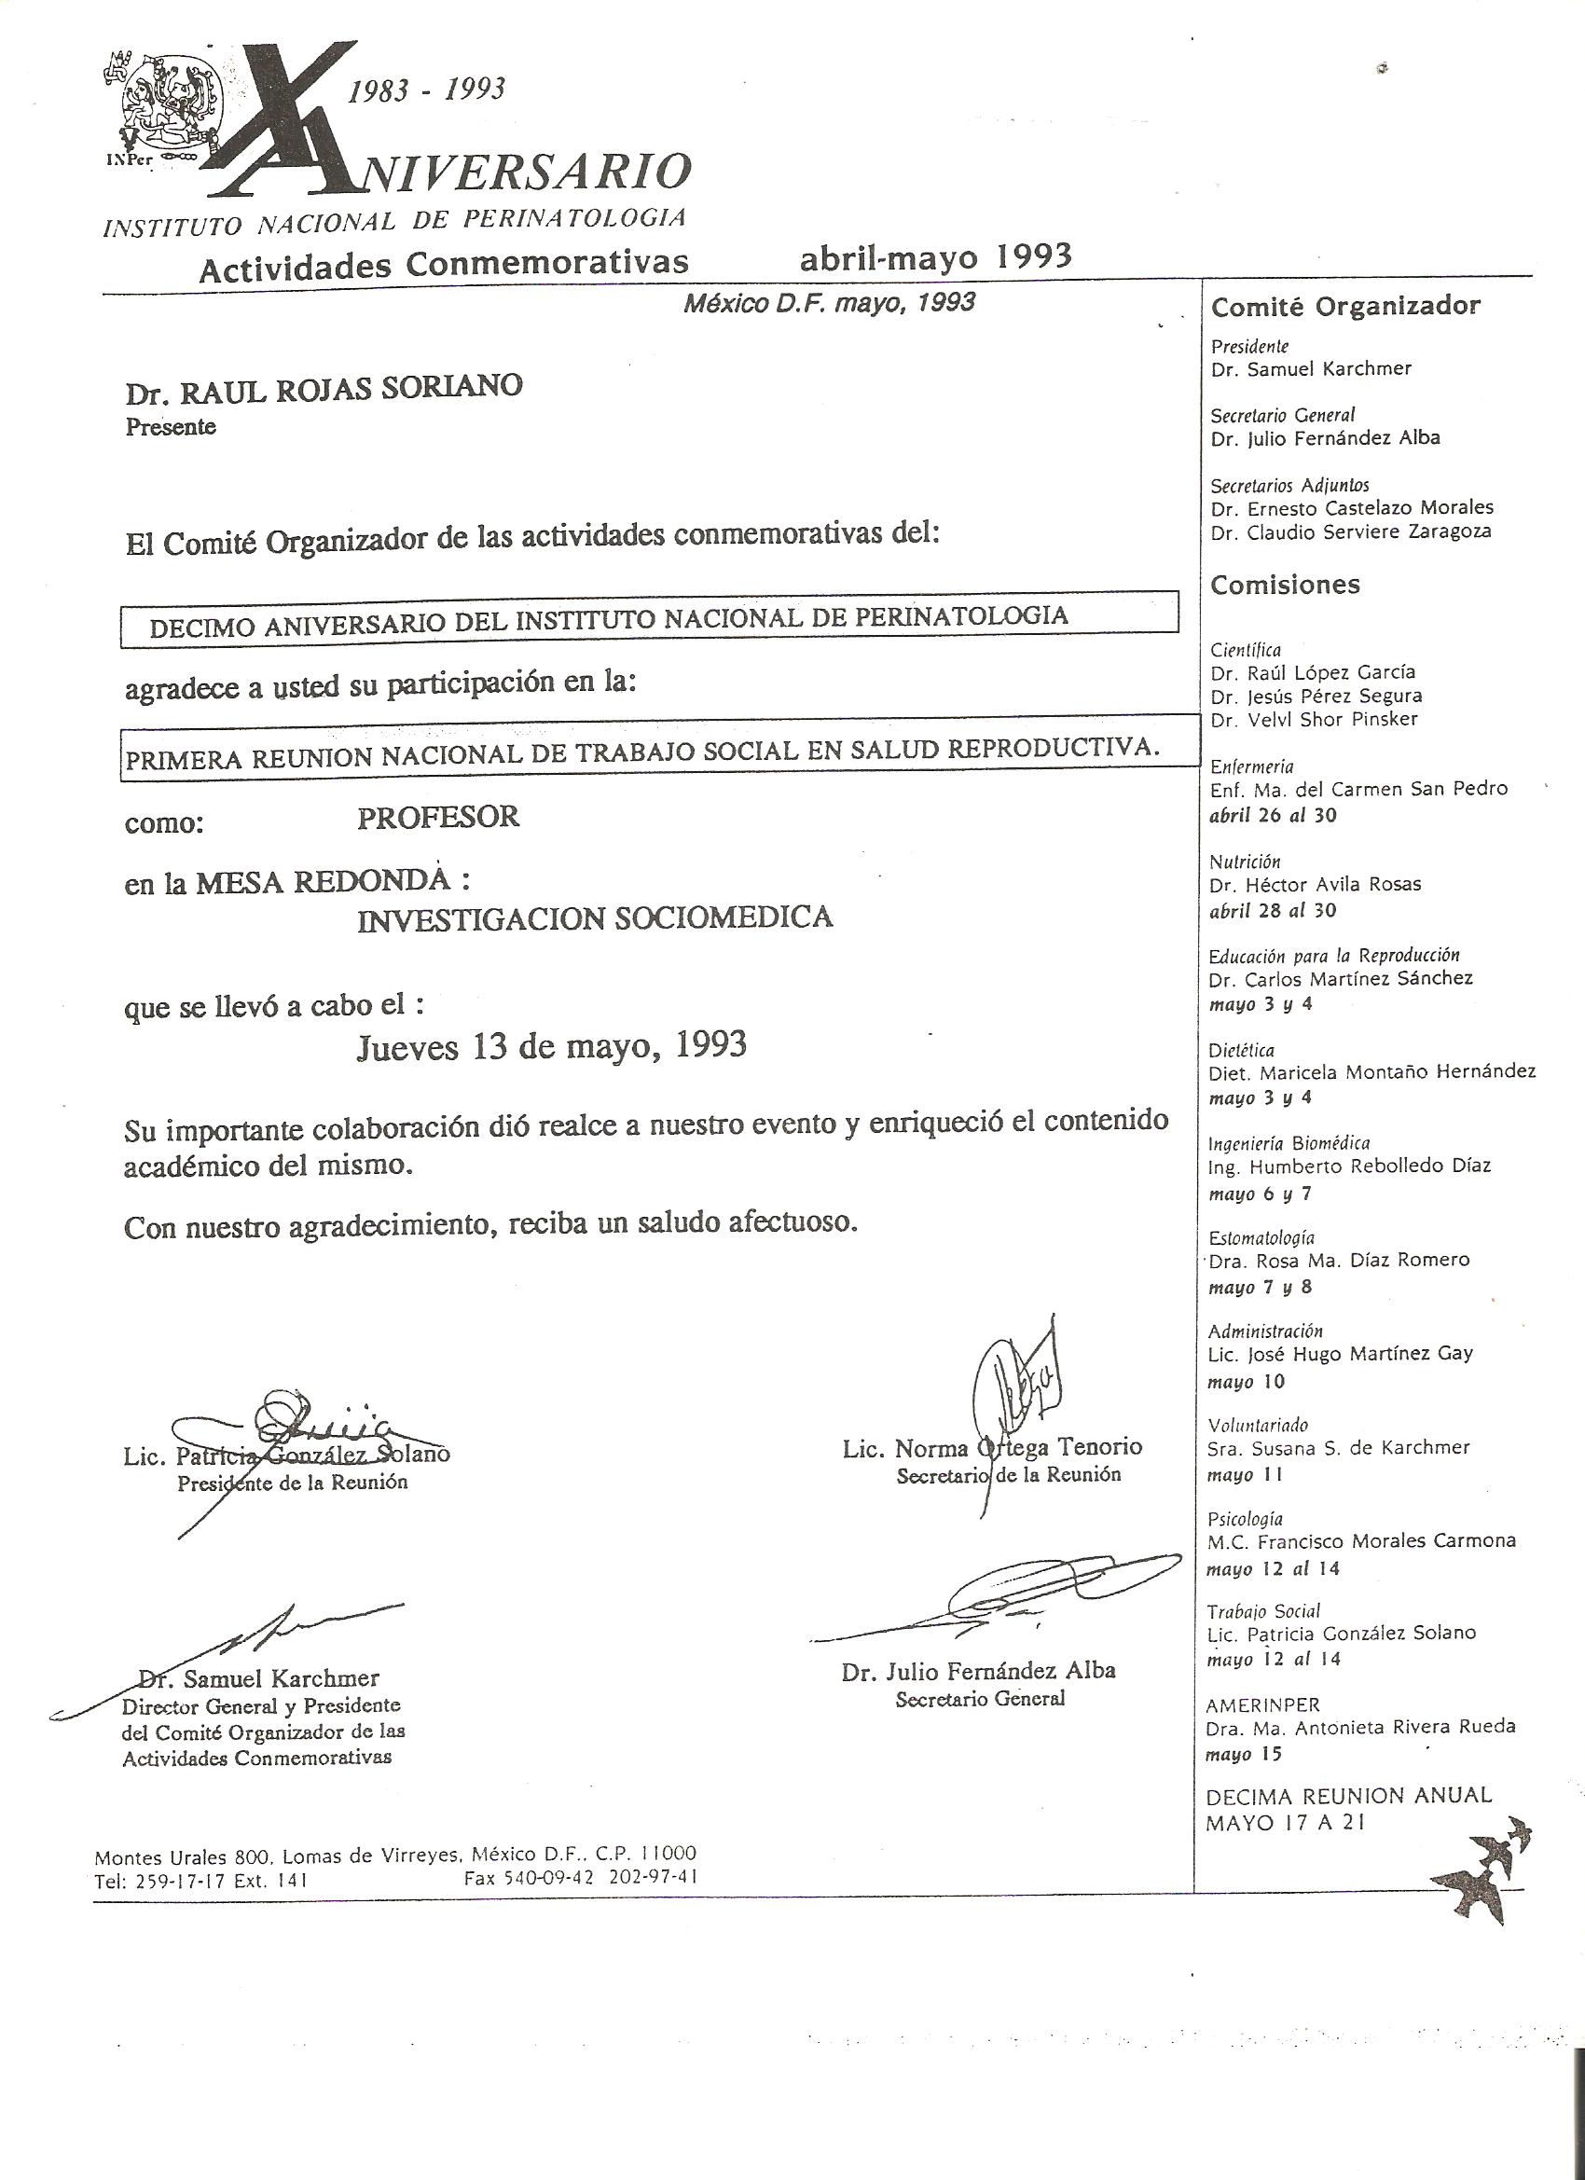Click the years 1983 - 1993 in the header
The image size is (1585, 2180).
tap(426, 90)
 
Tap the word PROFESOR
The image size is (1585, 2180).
tap(438, 818)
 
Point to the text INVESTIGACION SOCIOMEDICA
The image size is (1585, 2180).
tap(595, 919)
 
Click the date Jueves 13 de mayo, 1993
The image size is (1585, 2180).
tap(552, 1046)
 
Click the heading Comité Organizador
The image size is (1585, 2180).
tap(1345, 307)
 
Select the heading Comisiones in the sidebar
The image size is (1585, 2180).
tap(1285, 586)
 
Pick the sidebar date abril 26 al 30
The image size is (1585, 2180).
tap(1273, 816)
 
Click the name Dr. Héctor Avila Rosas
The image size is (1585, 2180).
tap(1315, 884)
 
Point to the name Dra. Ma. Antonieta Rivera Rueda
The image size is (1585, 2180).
tap(1361, 1726)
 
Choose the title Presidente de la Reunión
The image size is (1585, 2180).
tap(292, 1483)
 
